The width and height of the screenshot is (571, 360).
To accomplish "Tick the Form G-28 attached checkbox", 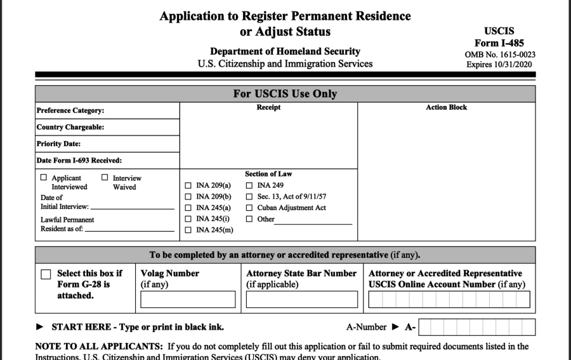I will [x=46, y=274].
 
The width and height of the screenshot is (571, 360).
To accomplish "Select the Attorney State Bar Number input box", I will [x=301, y=299].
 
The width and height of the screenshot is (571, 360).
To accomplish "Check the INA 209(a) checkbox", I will [x=188, y=185].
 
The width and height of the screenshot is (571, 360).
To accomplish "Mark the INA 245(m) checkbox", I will [x=188, y=229].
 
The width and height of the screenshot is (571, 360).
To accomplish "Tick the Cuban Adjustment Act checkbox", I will [x=249, y=208].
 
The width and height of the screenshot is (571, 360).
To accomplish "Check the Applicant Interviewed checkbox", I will [x=44, y=178].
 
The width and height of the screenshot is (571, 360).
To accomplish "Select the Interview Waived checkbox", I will [x=105, y=178].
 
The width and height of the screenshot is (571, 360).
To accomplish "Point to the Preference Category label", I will [x=70, y=110].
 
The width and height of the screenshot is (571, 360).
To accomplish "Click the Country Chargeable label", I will [x=70, y=127].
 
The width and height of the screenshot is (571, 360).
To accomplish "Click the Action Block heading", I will [x=446, y=107].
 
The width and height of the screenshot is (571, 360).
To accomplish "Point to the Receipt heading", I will [x=268, y=107].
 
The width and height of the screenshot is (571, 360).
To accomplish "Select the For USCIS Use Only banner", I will [x=285, y=94].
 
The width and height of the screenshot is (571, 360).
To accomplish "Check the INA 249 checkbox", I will [x=249, y=185].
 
